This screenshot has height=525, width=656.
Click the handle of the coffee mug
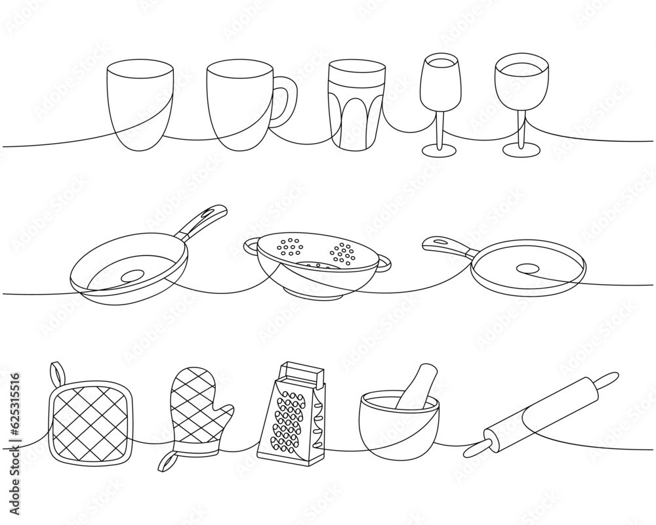pyautogui.click(x=287, y=102)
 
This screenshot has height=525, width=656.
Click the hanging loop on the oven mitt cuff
pyautogui.click(x=167, y=462)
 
